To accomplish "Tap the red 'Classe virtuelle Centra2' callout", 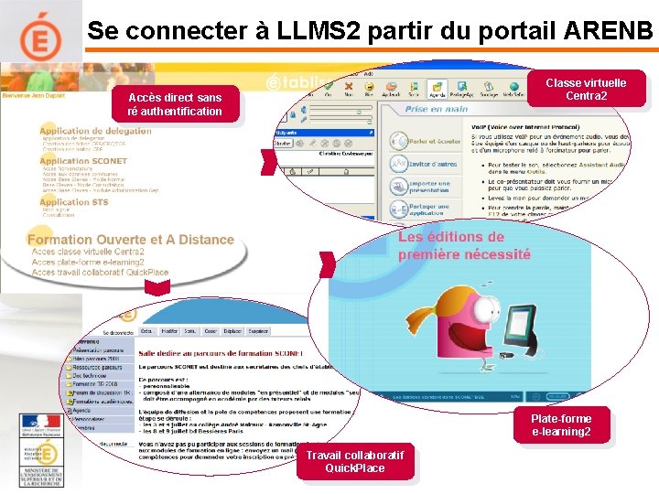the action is pos(586,89).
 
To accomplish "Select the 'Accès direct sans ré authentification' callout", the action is pos(175,104).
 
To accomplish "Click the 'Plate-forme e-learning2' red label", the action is pos(561,424).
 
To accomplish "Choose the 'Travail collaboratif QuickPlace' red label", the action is pos(355,461).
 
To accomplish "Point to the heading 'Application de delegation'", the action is pos(95,132).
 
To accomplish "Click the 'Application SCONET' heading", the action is pos(77,162).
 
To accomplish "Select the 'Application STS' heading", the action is pos(73,202).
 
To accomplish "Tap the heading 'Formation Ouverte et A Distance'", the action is pos(130,240).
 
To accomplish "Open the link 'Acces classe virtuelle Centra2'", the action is pos(88,252).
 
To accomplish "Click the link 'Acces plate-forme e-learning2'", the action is pos(88,262).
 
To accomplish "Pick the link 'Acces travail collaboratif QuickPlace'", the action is pos(100,272).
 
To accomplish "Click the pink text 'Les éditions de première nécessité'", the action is pos(464,245).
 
